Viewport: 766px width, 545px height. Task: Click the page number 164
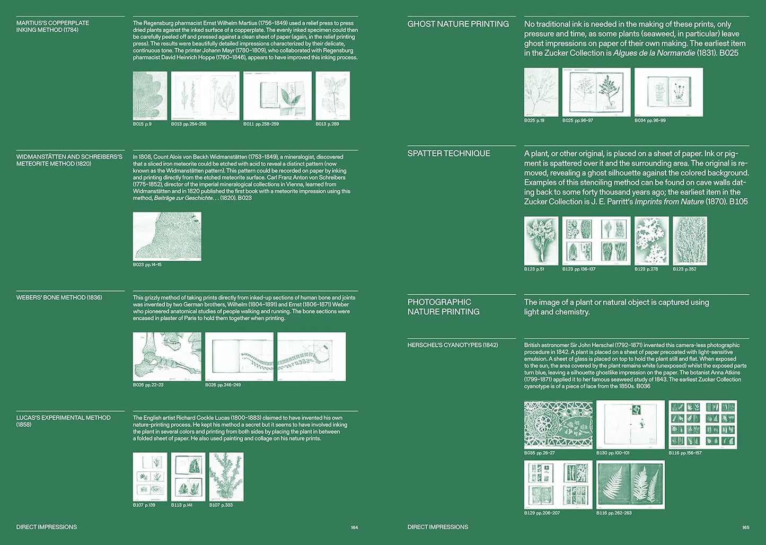click(x=354, y=528)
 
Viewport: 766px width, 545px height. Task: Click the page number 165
click(x=745, y=528)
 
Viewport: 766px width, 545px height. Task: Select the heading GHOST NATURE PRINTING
click(x=457, y=24)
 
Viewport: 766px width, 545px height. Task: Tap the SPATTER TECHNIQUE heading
click(x=448, y=153)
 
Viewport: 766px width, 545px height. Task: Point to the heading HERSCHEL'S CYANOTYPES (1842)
click(x=452, y=345)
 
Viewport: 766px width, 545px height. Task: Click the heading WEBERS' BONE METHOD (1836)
click(x=59, y=297)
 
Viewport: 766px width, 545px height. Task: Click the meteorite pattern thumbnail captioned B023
click(x=167, y=236)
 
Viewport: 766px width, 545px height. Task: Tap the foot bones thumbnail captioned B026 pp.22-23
click(x=167, y=356)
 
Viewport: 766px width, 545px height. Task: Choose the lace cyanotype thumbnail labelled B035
click(x=558, y=425)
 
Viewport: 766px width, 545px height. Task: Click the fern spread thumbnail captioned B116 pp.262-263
click(x=630, y=485)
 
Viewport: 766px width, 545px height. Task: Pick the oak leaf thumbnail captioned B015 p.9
click(x=150, y=96)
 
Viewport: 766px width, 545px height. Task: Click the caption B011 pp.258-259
click(x=261, y=124)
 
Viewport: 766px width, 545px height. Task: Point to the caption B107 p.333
click(x=221, y=505)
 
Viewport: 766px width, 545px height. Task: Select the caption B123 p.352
click(x=684, y=269)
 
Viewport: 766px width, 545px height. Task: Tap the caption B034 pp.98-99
click(x=650, y=121)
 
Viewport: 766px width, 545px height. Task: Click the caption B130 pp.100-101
click(x=613, y=453)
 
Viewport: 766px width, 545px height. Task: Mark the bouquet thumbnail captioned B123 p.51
click(x=541, y=241)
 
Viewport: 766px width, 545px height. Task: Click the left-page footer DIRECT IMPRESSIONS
click(x=47, y=527)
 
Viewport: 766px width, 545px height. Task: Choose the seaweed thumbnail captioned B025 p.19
click(x=541, y=92)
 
